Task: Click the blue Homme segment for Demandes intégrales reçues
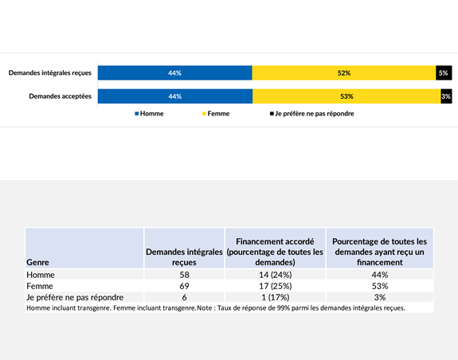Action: pyautogui.click(x=174, y=72)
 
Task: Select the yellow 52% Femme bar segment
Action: pyautogui.click(x=343, y=72)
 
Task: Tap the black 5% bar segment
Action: pyautogui.click(x=443, y=72)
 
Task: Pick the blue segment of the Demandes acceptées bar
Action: pyautogui.click(x=174, y=96)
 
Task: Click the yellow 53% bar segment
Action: pyautogui.click(x=346, y=96)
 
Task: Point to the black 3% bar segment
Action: pyautogui.click(x=446, y=96)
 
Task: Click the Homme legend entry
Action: pyautogui.click(x=149, y=114)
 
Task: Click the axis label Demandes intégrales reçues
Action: pyautogui.click(x=50, y=72)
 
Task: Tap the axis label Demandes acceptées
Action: pyautogui.click(x=60, y=96)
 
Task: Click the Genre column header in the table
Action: pyautogui.click(x=37, y=261)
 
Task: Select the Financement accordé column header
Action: pyautogui.click(x=273, y=251)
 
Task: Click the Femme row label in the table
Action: pyautogui.click(x=39, y=285)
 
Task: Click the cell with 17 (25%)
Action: pyautogui.click(x=273, y=285)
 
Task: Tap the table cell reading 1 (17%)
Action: pyautogui.click(x=273, y=296)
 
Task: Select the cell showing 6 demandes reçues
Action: pyautogui.click(x=184, y=296)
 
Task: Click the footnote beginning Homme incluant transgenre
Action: pyautogui.click(x=216, y=307)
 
